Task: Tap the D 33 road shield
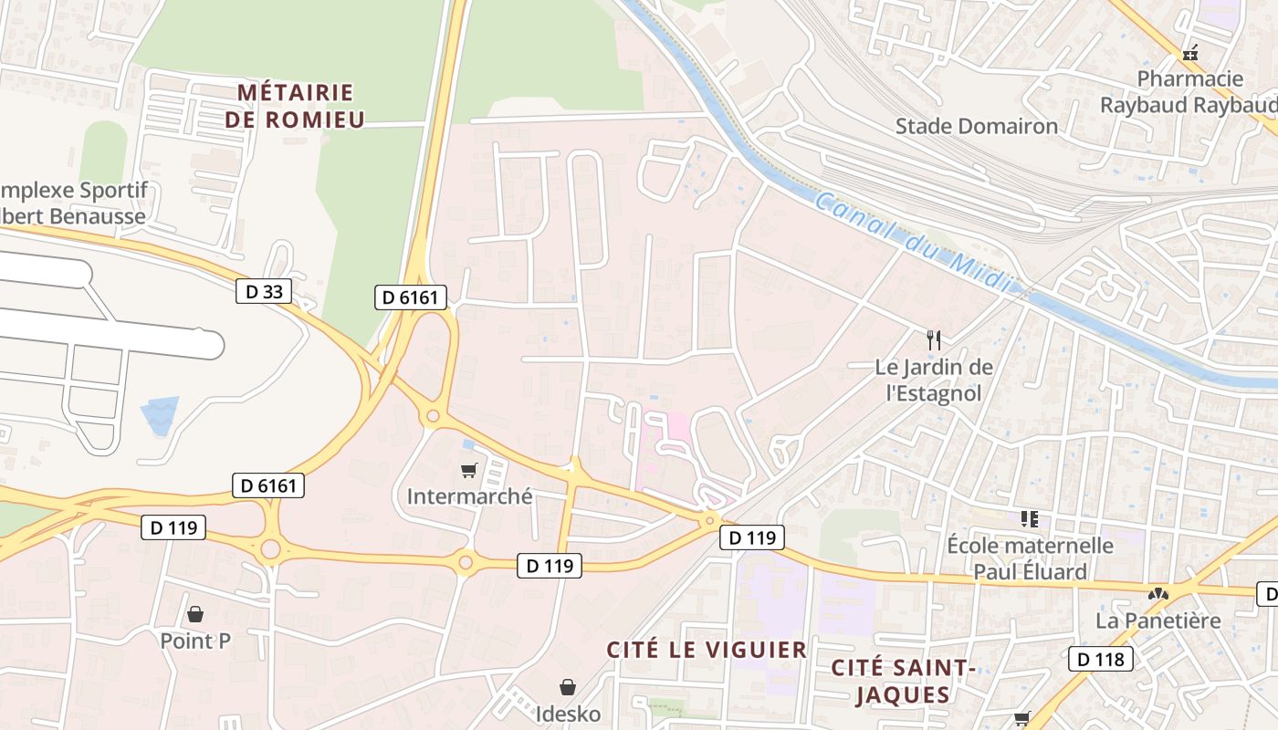265,291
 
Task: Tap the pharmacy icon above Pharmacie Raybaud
1189,54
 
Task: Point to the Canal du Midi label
913,243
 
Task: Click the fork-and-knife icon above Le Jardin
933,340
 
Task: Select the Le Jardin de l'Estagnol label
933,380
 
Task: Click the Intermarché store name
469,496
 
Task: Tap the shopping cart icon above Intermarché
468,471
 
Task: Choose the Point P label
195,641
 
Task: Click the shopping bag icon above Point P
194,614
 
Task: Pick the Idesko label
568,713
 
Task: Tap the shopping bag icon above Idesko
568,686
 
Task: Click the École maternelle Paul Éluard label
1030,558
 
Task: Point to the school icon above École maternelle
1030,519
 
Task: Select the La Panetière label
1158,620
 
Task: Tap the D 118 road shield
1101,658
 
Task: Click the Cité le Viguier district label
707,650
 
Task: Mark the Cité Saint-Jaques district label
904,681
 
